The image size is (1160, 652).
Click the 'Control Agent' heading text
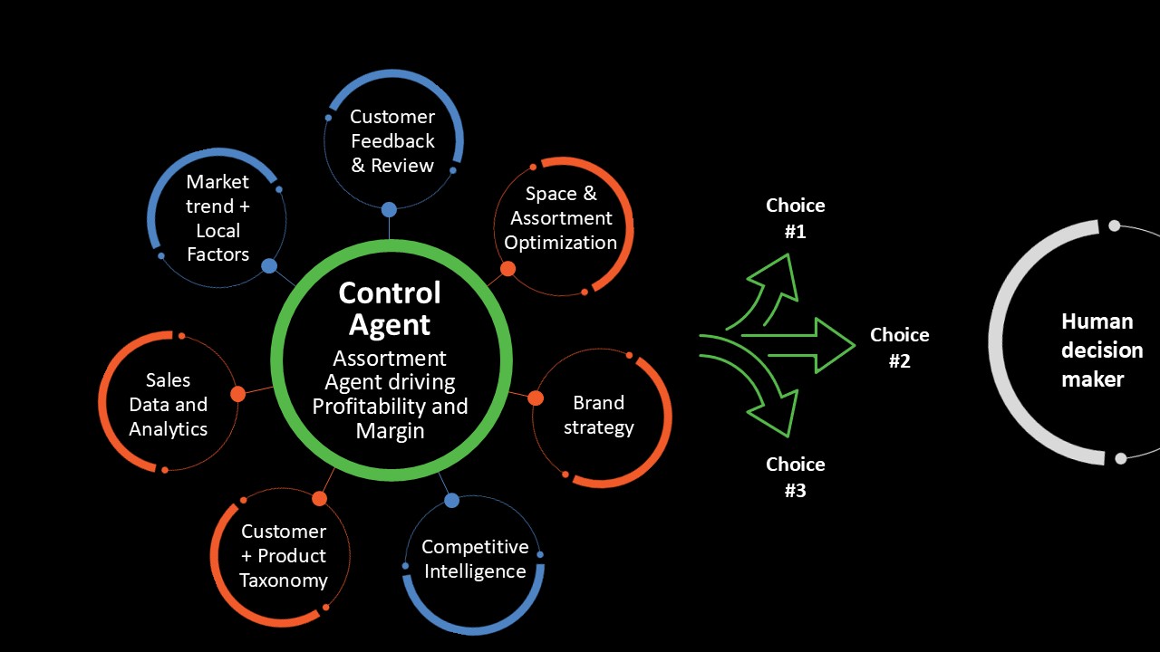coord(390,308)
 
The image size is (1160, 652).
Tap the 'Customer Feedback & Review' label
coord(392,141)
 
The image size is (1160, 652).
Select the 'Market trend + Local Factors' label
coord(217,218)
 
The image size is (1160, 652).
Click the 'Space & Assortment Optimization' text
coord(560,218)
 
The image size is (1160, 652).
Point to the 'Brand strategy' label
coord(598,415)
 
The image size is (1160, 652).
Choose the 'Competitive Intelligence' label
coord(475,559)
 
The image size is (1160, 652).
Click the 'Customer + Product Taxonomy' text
coord(283,556)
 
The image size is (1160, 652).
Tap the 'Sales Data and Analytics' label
coord(168,405)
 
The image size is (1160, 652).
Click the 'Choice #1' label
coord(795,218)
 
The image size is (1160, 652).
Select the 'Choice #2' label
coord(899,348)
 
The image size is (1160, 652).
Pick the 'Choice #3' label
coord(795,477)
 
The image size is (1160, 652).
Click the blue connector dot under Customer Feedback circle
coord(389,210)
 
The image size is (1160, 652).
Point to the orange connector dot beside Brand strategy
coord(536,398)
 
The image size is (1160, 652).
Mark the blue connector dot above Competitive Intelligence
coord(452,501)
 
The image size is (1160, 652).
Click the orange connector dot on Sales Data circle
coord(237,394)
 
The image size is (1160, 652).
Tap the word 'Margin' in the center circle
coord(390,431)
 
